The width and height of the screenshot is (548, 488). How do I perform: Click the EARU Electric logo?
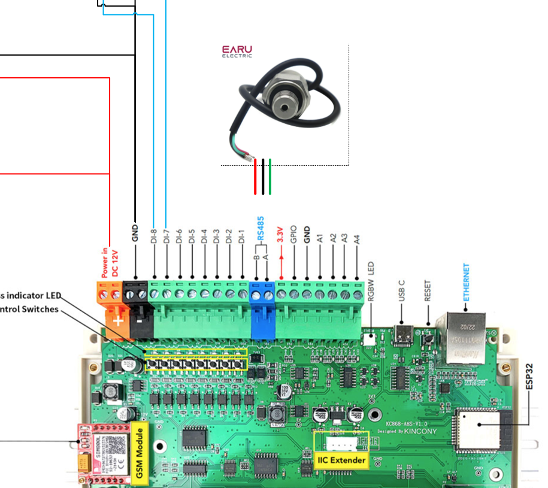click(237, 51)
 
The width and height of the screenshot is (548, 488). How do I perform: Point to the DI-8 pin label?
click(154, 236)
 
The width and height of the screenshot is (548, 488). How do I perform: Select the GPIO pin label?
click(293, 234)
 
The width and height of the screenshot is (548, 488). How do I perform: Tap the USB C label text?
click(402, 290)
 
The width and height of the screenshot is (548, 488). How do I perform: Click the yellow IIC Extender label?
click(341, 459)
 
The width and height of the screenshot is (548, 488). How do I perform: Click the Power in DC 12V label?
click(110, 263)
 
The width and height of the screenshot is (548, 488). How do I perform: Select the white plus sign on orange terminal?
click(118, 321)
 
